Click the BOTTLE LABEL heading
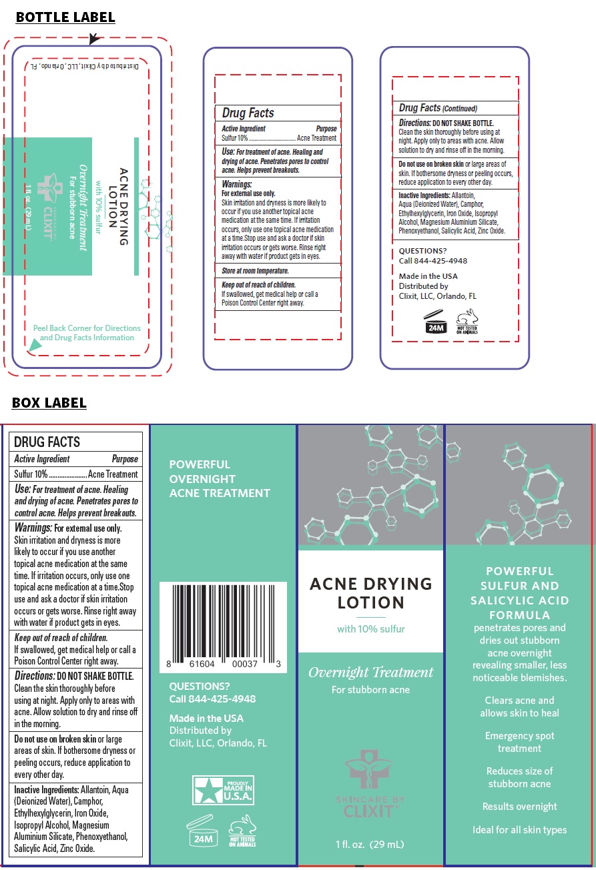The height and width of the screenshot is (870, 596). point(65,18)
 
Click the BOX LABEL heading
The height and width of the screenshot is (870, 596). point(49,403)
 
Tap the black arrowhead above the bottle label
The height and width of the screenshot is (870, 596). point(94,39)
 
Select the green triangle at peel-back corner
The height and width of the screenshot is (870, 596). point(33,345)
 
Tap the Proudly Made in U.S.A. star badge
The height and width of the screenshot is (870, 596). point(223,789)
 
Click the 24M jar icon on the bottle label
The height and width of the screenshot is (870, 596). point(435,322)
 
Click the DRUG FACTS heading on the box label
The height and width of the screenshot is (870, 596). point(47,442)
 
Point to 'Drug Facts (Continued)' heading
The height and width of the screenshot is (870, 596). point(438,107)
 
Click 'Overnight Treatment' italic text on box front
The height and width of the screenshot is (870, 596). point(370,672)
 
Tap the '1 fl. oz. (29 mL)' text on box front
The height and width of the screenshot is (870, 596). point(370,844)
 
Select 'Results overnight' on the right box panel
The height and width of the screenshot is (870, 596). point(519,807)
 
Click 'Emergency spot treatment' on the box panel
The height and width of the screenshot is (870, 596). point(519,742)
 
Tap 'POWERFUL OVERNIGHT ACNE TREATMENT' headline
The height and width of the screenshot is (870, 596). point(220,478)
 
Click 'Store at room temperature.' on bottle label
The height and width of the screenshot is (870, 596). point(255,271)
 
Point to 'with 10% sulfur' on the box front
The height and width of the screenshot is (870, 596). point(370,628)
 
